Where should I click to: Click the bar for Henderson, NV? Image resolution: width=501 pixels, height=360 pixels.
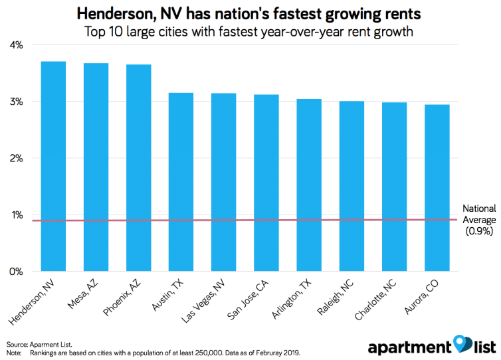point(53,166)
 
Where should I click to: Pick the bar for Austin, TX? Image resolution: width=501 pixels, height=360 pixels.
point(181,182)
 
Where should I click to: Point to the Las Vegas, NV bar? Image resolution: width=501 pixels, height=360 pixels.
point(223,182)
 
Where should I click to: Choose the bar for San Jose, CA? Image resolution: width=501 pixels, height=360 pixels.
point(266,183)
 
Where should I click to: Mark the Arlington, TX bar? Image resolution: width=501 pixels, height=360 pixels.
point(308,185)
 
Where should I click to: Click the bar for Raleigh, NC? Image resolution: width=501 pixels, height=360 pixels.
point(351,186)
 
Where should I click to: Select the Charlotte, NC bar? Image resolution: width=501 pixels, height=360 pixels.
point(393,187)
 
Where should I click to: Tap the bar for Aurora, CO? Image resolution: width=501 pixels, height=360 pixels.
point(436,188)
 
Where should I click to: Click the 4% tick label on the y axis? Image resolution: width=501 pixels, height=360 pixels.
point(15,45)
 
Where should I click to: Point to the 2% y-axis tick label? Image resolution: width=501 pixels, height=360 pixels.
point(15,158)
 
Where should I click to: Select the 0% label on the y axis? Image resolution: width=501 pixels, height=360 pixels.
point(15,272)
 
